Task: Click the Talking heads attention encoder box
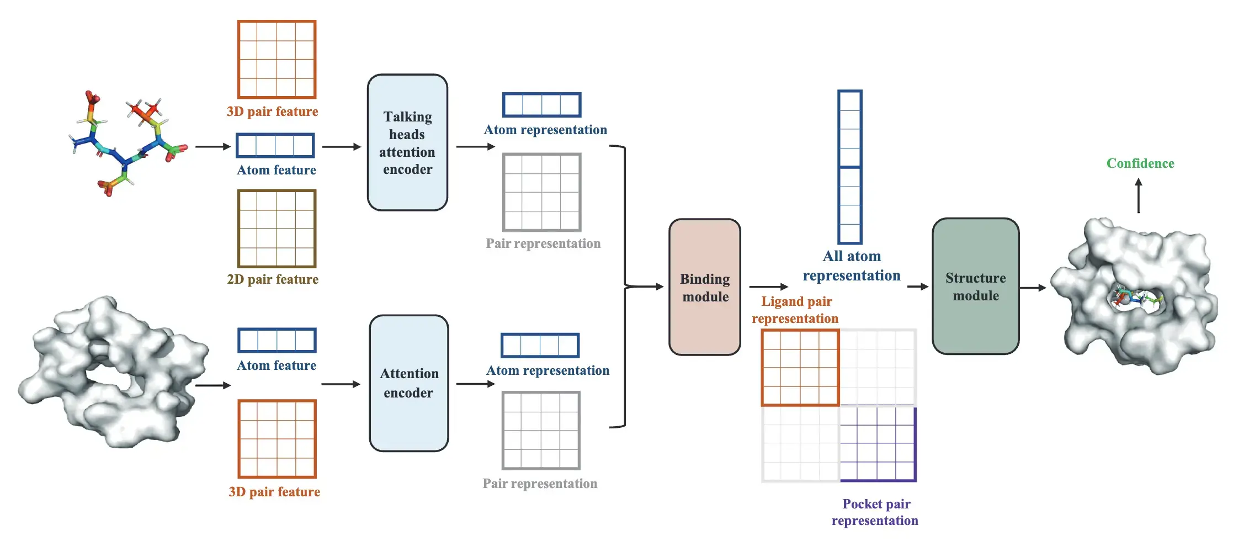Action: click(x=407, y=142)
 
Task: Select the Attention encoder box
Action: click(x=408, y=383)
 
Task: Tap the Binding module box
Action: click(x=705, y=287)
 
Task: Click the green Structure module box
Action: click(x=975, y=286)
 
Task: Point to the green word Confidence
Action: click(x=1140, y=163)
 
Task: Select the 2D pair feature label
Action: click(x=273, y=279)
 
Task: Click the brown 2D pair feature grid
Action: click(x=277, y=229)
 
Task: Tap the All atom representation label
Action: click(x=852, y=266)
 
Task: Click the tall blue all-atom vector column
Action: click(x=849, y=167)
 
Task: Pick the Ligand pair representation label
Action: click(x=795, y=310)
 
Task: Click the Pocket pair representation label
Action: click(x=875, y=512)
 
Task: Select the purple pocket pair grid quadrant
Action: click(x=878, y=444)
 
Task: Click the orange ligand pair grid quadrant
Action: click(x=800, y=368)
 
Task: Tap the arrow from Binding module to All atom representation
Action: click(x=768, y=287)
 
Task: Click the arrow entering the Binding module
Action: click(x=646, y=287)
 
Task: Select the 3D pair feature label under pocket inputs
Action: click(x=274, y=492)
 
